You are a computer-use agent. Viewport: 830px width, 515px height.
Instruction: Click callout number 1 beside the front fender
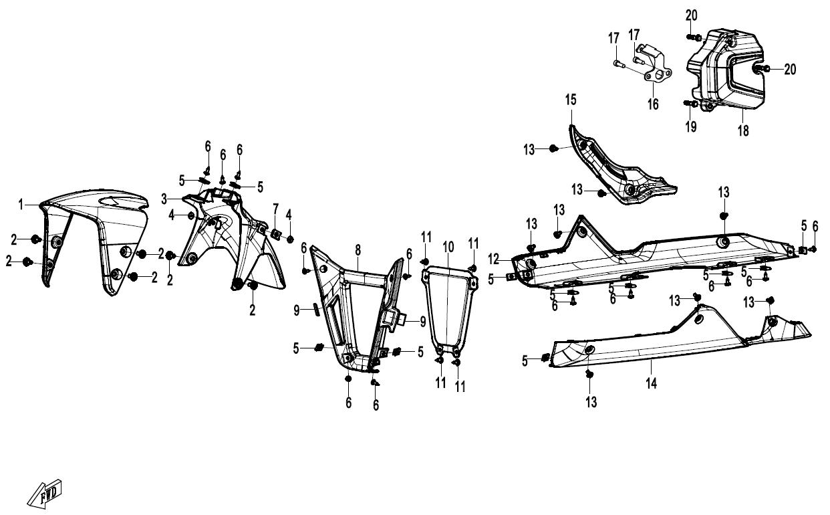click(x=21, y=204)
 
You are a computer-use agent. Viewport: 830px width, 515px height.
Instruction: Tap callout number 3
click(x=164, y=199)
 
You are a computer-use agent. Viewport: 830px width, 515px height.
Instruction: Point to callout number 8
click(x=358, y=251)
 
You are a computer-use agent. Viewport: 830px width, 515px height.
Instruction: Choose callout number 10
click(x=448, y=247)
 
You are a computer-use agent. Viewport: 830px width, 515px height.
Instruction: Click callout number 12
click(x=494, y=259)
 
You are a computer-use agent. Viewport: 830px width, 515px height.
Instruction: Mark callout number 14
click(x=651, y=383)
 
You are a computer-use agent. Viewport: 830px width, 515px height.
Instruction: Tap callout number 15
click(x=571, y=100)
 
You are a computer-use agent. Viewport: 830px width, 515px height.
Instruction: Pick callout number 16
click(x=653, y=104)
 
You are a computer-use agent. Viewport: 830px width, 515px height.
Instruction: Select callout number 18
click(x=743, y=130)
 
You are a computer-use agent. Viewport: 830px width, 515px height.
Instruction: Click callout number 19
click(x=691, y=127)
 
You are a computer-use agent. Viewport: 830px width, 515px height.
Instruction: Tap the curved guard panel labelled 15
click(x=615, y=171)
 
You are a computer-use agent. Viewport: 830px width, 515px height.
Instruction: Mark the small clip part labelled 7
click(x=276, y=234)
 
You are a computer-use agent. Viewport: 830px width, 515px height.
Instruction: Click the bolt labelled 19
click(x=690, y=104)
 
